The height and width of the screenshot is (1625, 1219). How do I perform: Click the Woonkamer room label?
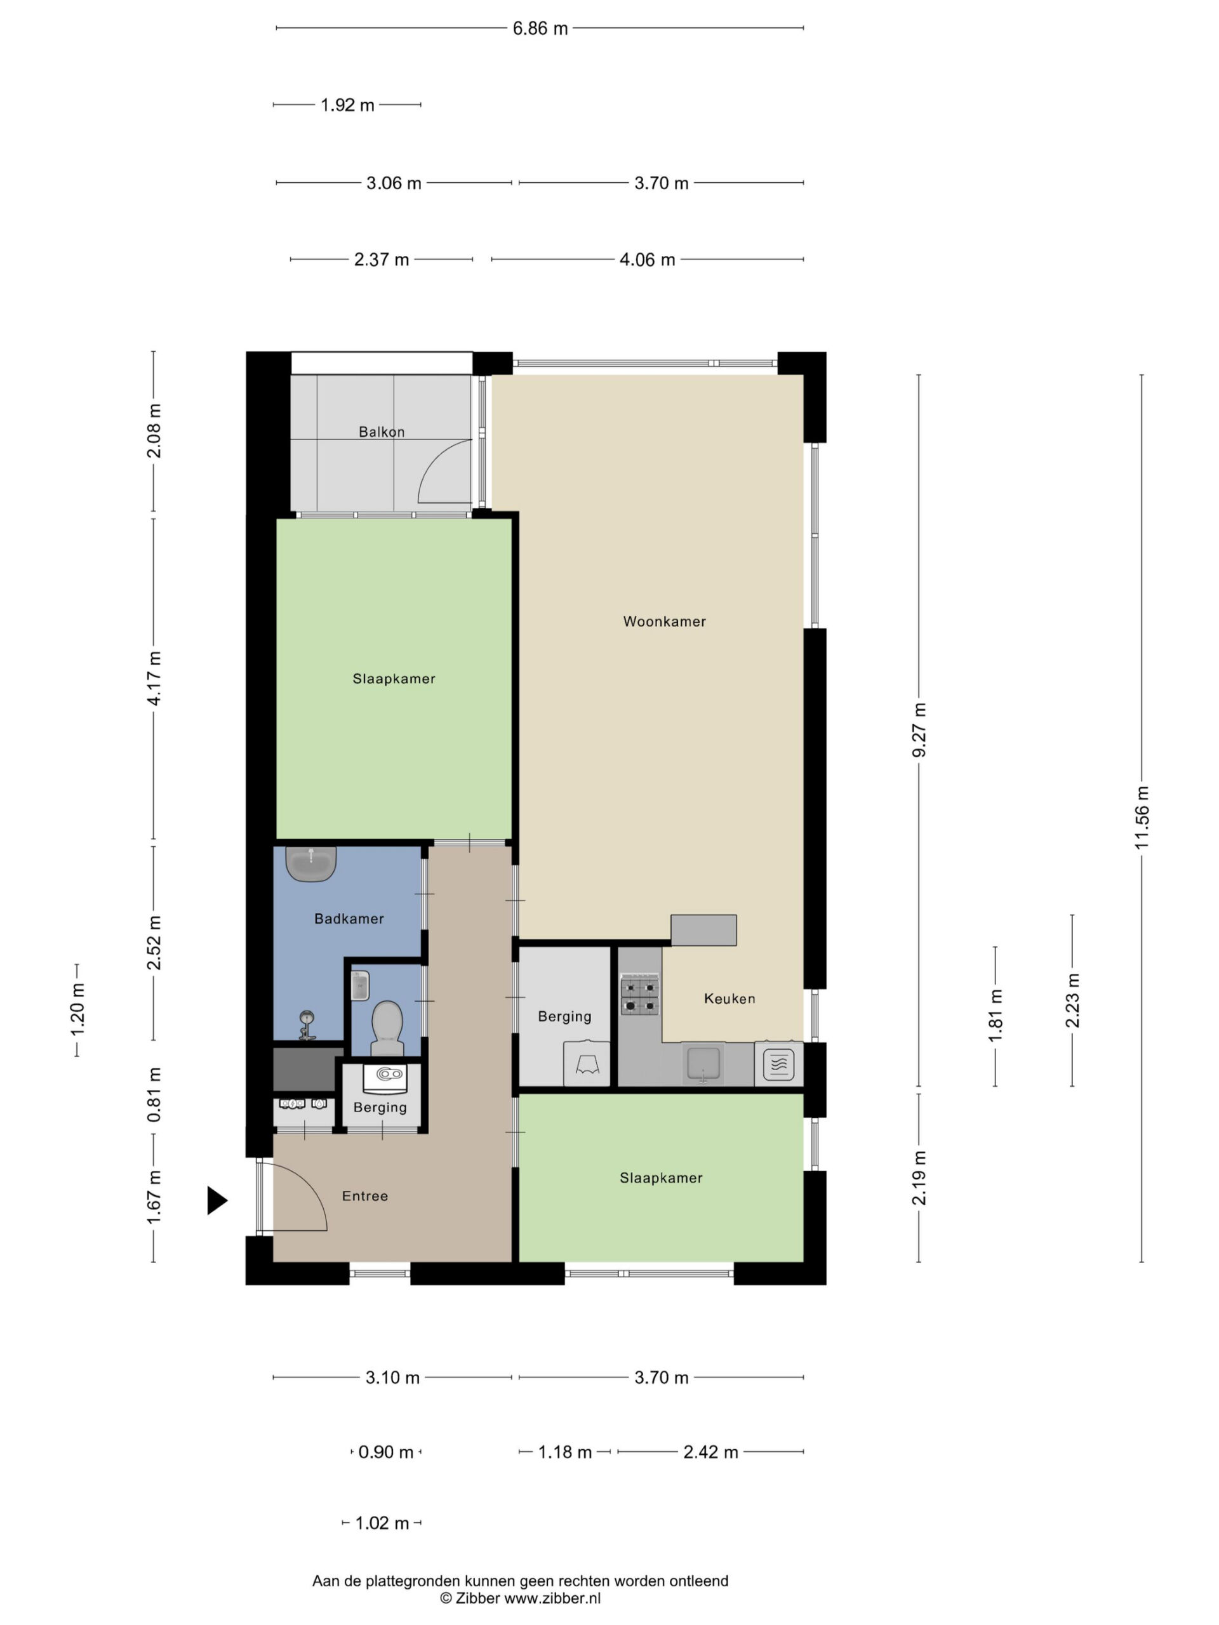[x=664, y=621]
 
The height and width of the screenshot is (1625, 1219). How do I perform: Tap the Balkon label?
[x=382, y=432]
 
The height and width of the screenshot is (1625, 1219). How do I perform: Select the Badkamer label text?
[x=349, y=919]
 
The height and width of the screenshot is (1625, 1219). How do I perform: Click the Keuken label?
[x=729, y=998]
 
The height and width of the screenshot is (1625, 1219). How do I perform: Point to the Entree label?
[x=365, y=1196]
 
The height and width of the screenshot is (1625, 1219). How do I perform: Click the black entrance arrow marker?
[x=216, y=1200]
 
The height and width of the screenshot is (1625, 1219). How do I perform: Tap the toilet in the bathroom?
[x=387, y=1027]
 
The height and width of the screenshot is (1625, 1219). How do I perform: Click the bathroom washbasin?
[x=311, y=864]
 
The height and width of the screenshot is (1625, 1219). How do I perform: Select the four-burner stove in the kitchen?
[x=639, y=995]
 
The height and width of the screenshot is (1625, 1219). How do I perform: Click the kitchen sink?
[x=703, y=1065]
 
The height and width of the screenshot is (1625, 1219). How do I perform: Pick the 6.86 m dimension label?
[x=540, y=29]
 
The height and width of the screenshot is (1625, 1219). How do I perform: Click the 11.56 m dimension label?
[x=1141, y=818]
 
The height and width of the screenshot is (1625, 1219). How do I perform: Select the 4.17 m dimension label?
[x=154, y=678]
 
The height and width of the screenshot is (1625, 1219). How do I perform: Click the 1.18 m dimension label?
[x=565, y=1452]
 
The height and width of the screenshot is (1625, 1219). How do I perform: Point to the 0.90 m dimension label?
[x=386, y=1452]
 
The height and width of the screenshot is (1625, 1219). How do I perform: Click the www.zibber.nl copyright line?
[x=520, y=1598]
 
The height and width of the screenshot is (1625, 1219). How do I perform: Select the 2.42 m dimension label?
[x=710, y=1452]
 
